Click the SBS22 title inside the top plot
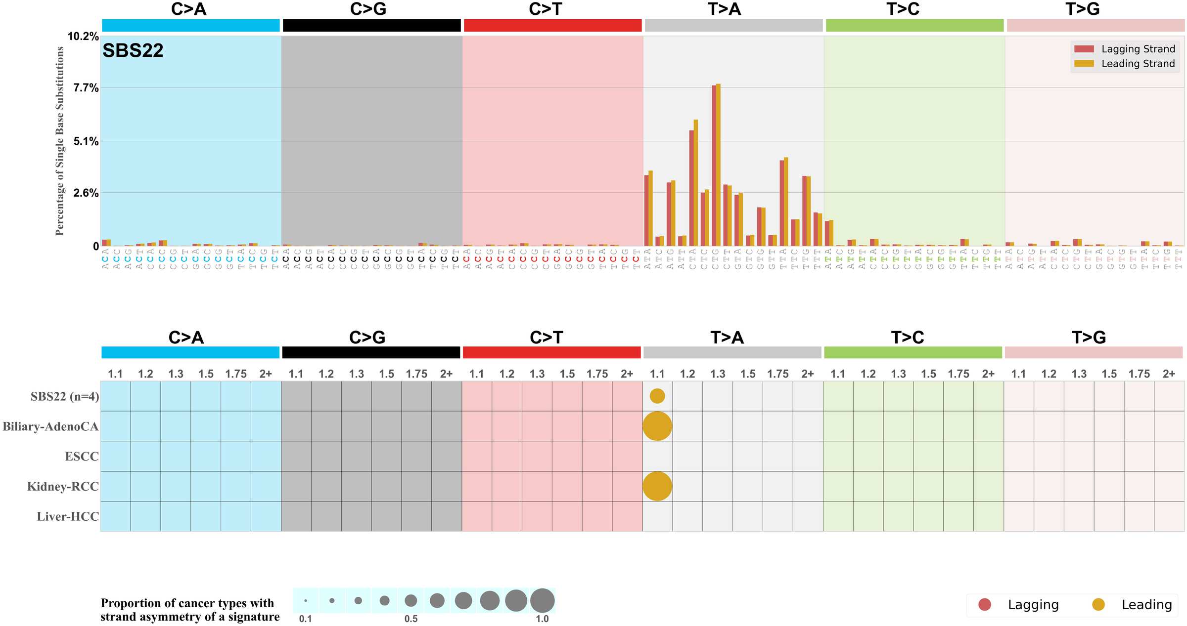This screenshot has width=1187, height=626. coord(133,51)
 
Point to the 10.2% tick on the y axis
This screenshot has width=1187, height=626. coord(83,37)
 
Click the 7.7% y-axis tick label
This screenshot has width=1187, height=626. coord(86,88)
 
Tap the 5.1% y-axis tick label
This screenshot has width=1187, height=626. coord(86,142)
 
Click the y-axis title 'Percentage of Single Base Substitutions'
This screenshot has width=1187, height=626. coord(60,141)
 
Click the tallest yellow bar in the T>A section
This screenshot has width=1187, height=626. coord(718,163)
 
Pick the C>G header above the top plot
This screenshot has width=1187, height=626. coord(368,9)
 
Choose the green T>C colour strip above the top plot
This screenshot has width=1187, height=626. coord(914,26)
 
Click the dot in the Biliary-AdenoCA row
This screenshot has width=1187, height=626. coord(657,426)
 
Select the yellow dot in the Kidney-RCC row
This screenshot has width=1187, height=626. coord(657,486)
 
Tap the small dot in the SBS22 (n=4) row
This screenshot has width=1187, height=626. coord(657,396)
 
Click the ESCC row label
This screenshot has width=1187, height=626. coord(82,457)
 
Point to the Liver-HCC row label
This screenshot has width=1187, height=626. coord(68,517)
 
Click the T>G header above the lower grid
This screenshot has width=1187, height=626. coord(1089,337)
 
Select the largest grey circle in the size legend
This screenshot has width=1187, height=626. coord(542,600)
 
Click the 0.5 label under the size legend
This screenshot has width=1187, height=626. coord(411,619)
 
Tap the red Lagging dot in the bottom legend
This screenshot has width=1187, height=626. coord(985,604)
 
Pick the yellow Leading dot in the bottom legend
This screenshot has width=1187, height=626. coord(1098,604)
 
